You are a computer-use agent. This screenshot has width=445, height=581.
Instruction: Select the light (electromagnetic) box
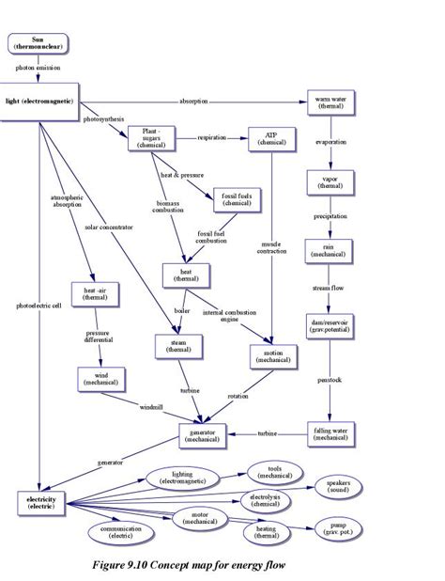(x=39, y=99)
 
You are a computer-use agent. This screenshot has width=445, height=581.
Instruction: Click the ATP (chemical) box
(x=272, y=138)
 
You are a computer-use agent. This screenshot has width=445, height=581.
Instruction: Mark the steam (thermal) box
(x=178, y=346)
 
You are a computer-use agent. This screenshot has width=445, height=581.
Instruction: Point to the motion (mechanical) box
(x=272, y=355)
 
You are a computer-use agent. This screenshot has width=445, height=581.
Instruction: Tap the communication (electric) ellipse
(x=120, y=533)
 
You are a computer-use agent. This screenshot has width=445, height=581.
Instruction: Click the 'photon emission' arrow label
(x=39, y=69)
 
